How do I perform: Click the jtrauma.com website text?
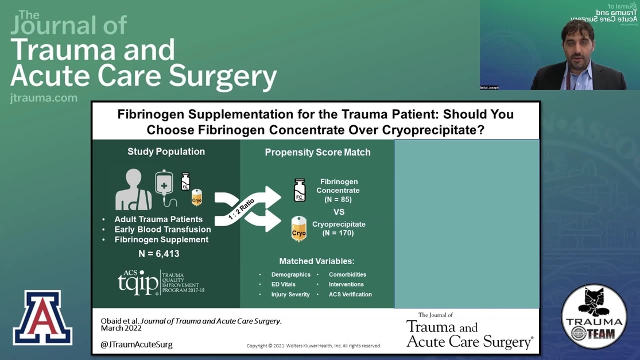(44, 98)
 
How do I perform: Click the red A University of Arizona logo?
(42, 318)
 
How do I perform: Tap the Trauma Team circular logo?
(594, 316)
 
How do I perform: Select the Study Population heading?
(166, 152)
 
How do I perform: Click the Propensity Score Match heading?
(317, 152)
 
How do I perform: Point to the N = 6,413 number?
(159, 253)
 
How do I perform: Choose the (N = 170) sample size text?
(339, 234)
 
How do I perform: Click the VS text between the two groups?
(339, 212)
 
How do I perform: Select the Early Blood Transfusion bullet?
(162, 229)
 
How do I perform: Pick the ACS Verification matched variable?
(350, 295)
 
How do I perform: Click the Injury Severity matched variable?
(290, 295)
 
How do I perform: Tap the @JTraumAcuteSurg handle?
(137, 344)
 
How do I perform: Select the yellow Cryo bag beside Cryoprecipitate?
(299, 229)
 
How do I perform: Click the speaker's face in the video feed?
(578, 43)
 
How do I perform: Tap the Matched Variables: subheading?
(317, 261)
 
